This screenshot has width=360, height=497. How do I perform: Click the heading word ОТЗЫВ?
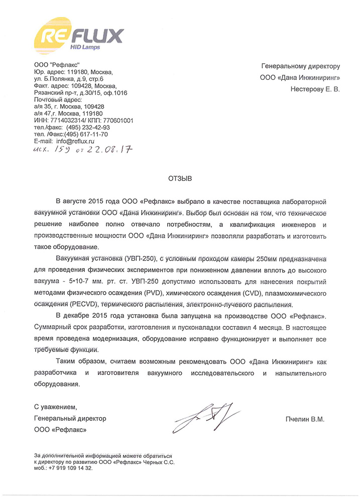[180, 178]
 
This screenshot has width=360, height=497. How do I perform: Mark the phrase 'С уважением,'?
[56, 406]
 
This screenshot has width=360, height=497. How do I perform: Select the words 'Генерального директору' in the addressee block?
[300, 66]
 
